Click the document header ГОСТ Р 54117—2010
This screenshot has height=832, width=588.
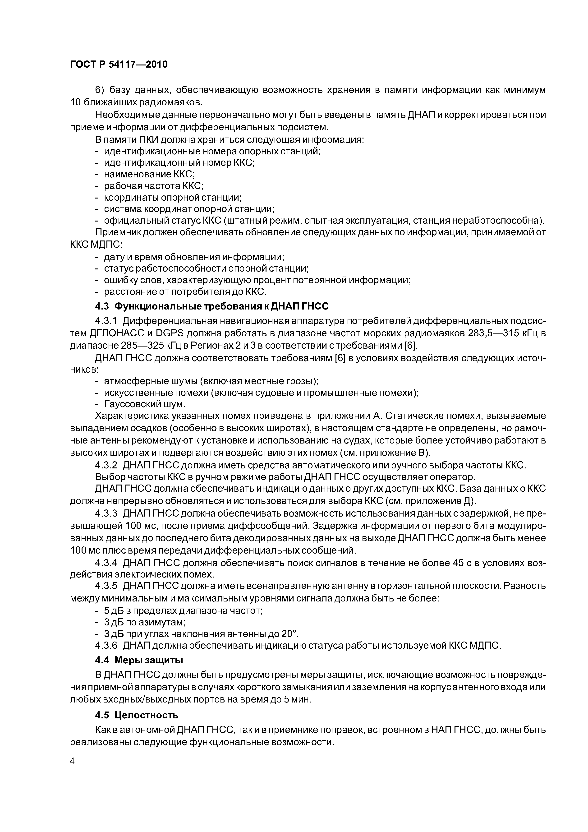119,65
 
